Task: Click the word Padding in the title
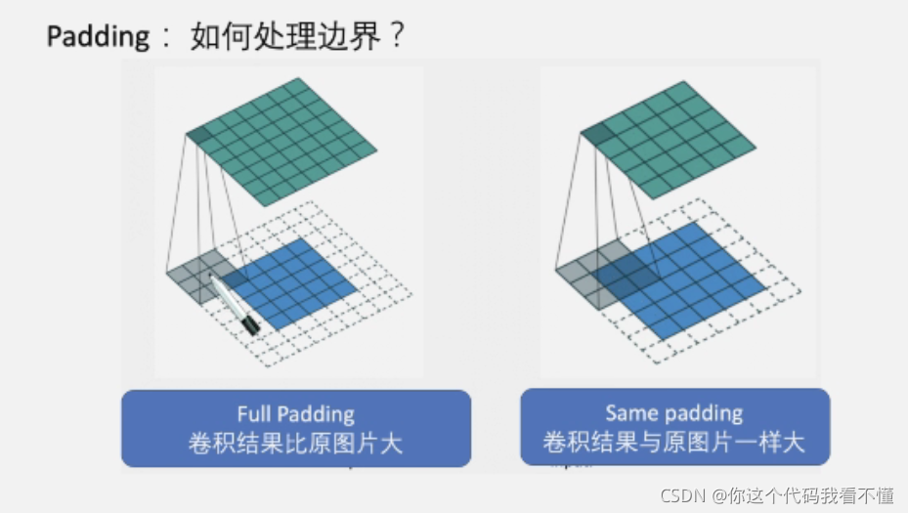click(x=98, y=38)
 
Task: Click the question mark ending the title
click(x=395, y=38)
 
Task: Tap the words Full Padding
click(x=295, y=414)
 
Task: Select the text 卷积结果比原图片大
click(x=295, y=443)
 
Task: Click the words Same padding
click(x=673, y=413)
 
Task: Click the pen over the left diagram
click(x=234, y=304)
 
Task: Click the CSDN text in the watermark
click(x=683, y=495)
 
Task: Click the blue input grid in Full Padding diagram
click(x=293, y=283)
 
